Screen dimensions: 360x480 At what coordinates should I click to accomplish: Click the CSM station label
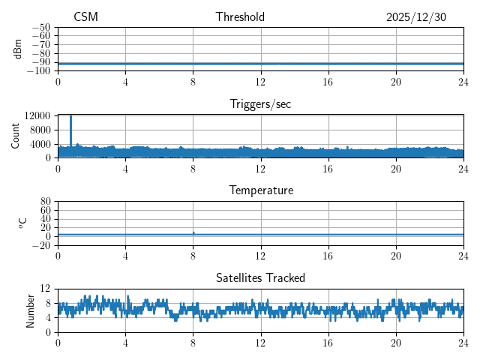(x=85, y=17)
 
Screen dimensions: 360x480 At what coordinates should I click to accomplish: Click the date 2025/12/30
(x=416, y=17)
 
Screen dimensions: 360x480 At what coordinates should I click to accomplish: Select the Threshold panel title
(x=240, y=17)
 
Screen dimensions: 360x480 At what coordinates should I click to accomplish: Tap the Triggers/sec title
(x=260, y=104)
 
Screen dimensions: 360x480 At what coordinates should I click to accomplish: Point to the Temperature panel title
(x=260, y=190)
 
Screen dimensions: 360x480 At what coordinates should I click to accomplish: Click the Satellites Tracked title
(x=260, y=277)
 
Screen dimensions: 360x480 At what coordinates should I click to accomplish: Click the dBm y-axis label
(x=18, y=49)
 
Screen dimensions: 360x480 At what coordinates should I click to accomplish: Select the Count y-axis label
(x=15, y=136)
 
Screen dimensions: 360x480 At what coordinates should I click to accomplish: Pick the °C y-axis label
(x=22, y=223)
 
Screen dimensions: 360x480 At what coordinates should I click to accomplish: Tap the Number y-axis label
(x=30, y=310)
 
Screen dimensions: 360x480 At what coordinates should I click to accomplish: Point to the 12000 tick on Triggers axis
(x=37, y=115)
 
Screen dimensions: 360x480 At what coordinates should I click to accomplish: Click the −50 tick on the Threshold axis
(x=40, y=27)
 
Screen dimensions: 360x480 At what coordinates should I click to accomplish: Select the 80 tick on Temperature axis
(x=45, y=202)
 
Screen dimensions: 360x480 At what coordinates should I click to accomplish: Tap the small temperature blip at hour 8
(x=193, y=232)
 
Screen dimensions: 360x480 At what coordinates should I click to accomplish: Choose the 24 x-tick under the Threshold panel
(x=463, y=82)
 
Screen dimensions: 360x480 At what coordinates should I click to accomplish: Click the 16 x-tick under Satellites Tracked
(x=328, y=343)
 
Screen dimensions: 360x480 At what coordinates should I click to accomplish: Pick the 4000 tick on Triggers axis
(x=40, y=144)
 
